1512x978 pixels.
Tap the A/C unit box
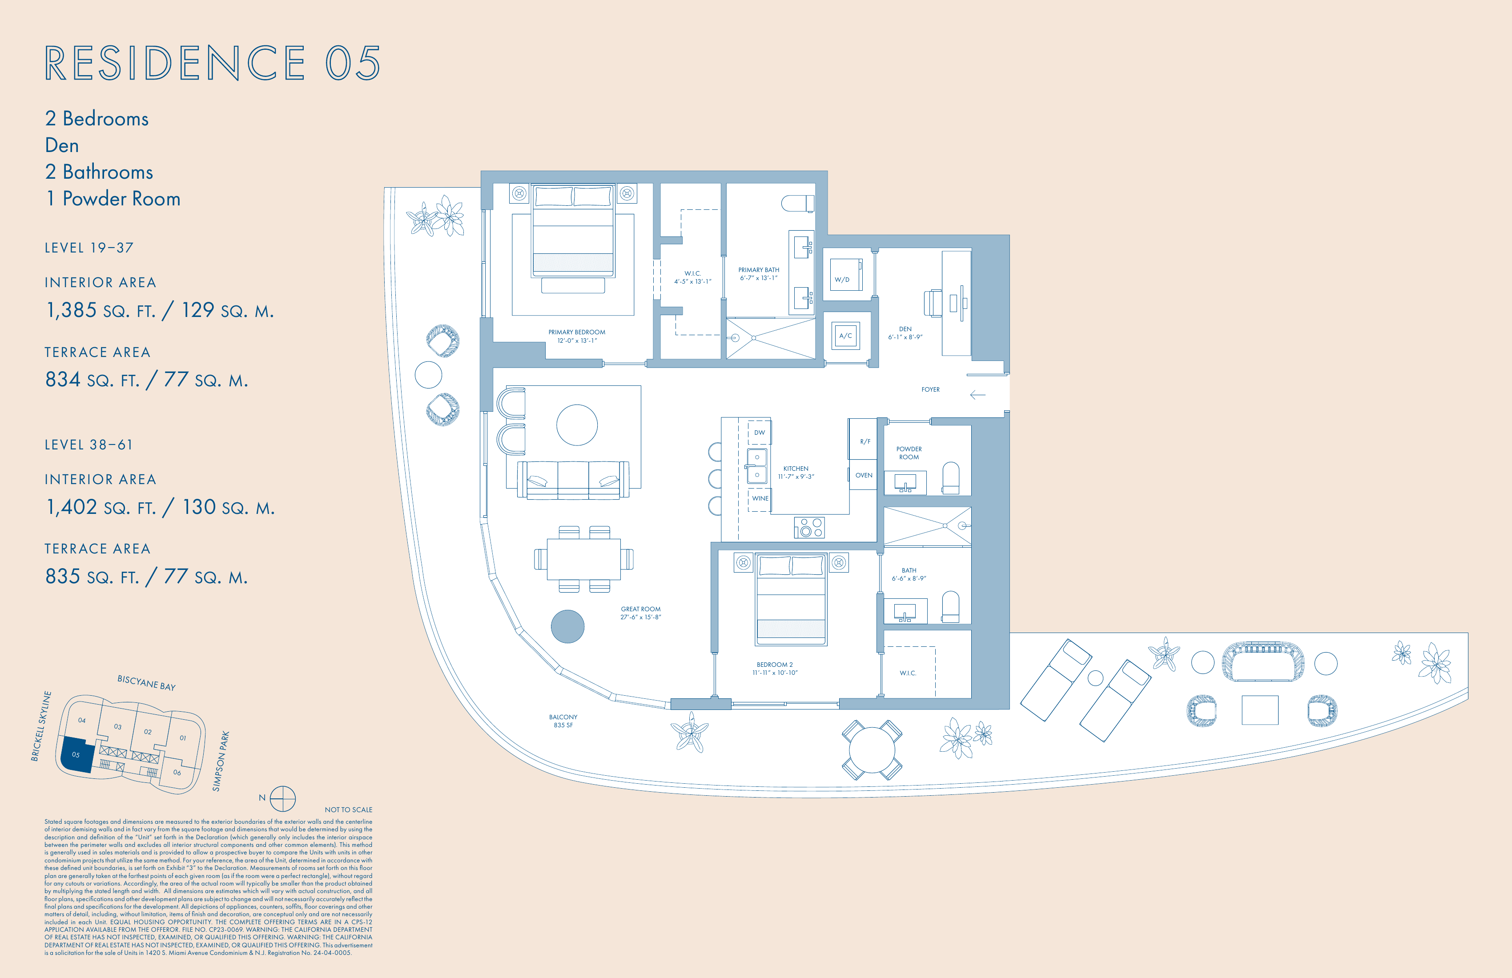(845, 336)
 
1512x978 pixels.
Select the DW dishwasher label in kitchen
(759, 433)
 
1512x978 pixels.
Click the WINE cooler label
(760, 498)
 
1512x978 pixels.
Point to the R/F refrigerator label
(865, 441)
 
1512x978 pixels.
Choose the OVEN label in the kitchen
(863, 475)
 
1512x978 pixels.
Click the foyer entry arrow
(977, 395)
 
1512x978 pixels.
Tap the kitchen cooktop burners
(809, 527)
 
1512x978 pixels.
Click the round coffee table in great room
(577, 425)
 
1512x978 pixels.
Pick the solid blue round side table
(567, 627)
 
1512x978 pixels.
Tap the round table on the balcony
(872, 750)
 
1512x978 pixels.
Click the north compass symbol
(283, 799)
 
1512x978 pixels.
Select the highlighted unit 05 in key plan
(76, 754)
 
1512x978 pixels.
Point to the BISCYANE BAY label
(146, 683)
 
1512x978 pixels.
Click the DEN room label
(905, 329)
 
